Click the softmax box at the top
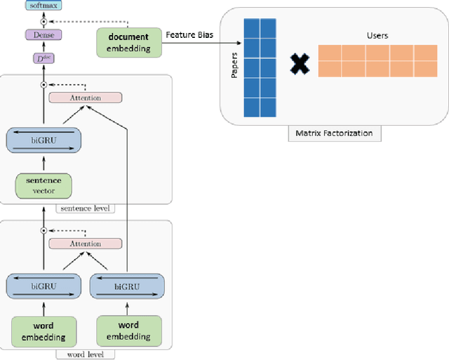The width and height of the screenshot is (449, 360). (43, 6)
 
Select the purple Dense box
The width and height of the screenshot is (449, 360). (43, 34)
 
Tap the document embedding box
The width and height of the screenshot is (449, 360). (128, 42)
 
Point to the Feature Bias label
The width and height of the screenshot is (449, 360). (189, 34)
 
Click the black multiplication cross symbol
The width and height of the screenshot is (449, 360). (300, 65)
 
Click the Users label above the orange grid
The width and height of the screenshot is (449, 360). (377, 34)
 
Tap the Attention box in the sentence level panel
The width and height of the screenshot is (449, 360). (85, 98)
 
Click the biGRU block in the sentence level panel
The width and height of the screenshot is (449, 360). (43, 140)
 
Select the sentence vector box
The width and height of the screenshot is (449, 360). (43, 185)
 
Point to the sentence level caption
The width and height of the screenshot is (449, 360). (86, 208)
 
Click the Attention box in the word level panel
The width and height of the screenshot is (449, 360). (85, 244)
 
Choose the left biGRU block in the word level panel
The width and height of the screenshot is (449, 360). (43, 286)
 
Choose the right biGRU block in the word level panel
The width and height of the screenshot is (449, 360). (127, 286)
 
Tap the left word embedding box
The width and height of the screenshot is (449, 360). (43, 331)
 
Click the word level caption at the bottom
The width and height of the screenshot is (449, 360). (85, 354)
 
